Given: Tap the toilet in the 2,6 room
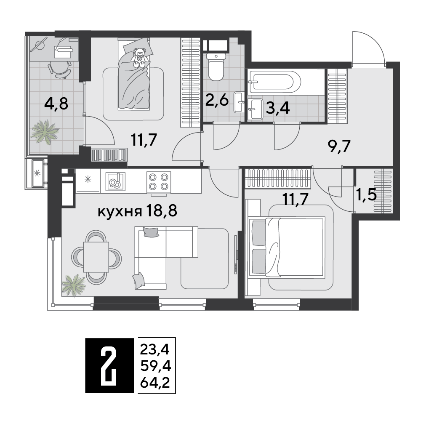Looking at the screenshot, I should (x=216, y=67).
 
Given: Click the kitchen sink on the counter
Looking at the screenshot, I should (x=115, y=181).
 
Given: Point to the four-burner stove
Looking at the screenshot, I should (x=159, y=182).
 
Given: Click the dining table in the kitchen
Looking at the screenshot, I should (x=96, y=257).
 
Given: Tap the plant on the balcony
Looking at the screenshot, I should (x=44, y=131).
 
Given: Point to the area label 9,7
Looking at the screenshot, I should (x=339, y=146).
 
